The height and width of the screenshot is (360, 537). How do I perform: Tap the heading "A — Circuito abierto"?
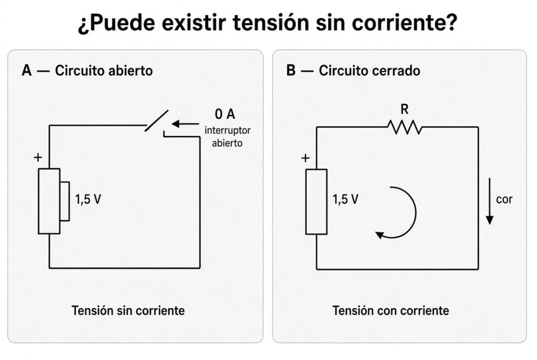click(87, 71)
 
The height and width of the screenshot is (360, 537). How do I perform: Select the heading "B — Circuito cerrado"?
click(353, 71)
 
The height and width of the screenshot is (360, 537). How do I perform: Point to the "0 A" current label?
click(225, 114)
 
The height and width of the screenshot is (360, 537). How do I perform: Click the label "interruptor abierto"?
click(228, 137)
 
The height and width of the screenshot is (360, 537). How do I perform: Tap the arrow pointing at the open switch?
click(185, 124)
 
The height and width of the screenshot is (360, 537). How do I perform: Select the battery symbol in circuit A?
click(54, 201)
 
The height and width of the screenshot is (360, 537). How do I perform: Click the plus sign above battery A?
click(38, 157)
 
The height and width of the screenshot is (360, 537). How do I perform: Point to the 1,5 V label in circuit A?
click(88, 199)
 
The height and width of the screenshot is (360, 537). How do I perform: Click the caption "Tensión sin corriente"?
click(128, 311)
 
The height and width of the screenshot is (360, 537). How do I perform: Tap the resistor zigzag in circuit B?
click(404, 127)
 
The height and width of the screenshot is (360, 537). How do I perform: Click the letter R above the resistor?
click(404, 110)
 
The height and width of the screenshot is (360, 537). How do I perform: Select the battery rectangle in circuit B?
click(316, 202)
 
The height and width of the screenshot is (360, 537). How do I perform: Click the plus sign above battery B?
click(305, 158)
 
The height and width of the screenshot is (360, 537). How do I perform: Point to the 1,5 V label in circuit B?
click(346, 199)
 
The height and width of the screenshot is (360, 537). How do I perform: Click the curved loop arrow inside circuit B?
click(416, 212)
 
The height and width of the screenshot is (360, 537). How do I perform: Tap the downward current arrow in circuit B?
click(490, 201)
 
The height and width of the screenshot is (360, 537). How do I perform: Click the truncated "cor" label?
click(504, 199)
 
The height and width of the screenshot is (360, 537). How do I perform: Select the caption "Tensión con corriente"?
click(391, 311)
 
